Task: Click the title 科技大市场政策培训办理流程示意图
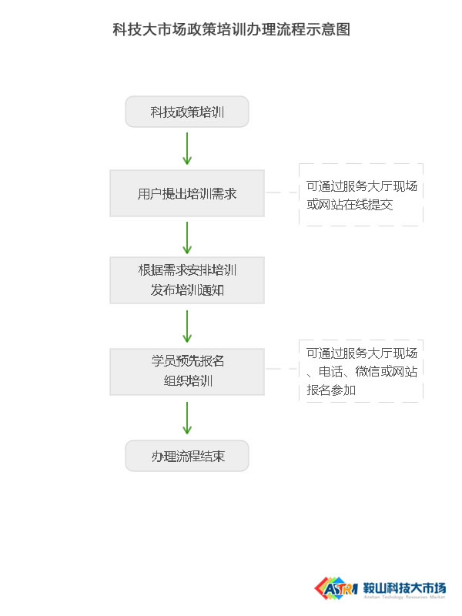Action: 232,29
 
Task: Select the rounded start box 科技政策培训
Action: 187,112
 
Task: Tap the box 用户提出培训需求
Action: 187,193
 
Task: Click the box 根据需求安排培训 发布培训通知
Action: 187,280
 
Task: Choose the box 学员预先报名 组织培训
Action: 187,372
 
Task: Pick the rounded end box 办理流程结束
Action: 187,456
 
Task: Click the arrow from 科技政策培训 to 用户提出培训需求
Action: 187,149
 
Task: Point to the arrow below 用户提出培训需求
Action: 187,238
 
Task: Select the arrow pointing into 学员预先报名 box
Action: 187,326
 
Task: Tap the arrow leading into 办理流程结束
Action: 187,418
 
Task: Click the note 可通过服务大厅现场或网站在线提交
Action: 361,195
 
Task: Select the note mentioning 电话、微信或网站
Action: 361,371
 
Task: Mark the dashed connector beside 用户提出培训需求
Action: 282,192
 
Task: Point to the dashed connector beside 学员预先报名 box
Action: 282,369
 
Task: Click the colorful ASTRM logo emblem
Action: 336,588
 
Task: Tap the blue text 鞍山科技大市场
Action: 405,588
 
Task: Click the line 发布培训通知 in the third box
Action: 187,290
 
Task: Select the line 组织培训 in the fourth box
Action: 188,380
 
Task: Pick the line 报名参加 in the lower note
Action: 331,390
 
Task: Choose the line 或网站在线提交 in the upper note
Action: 350,204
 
